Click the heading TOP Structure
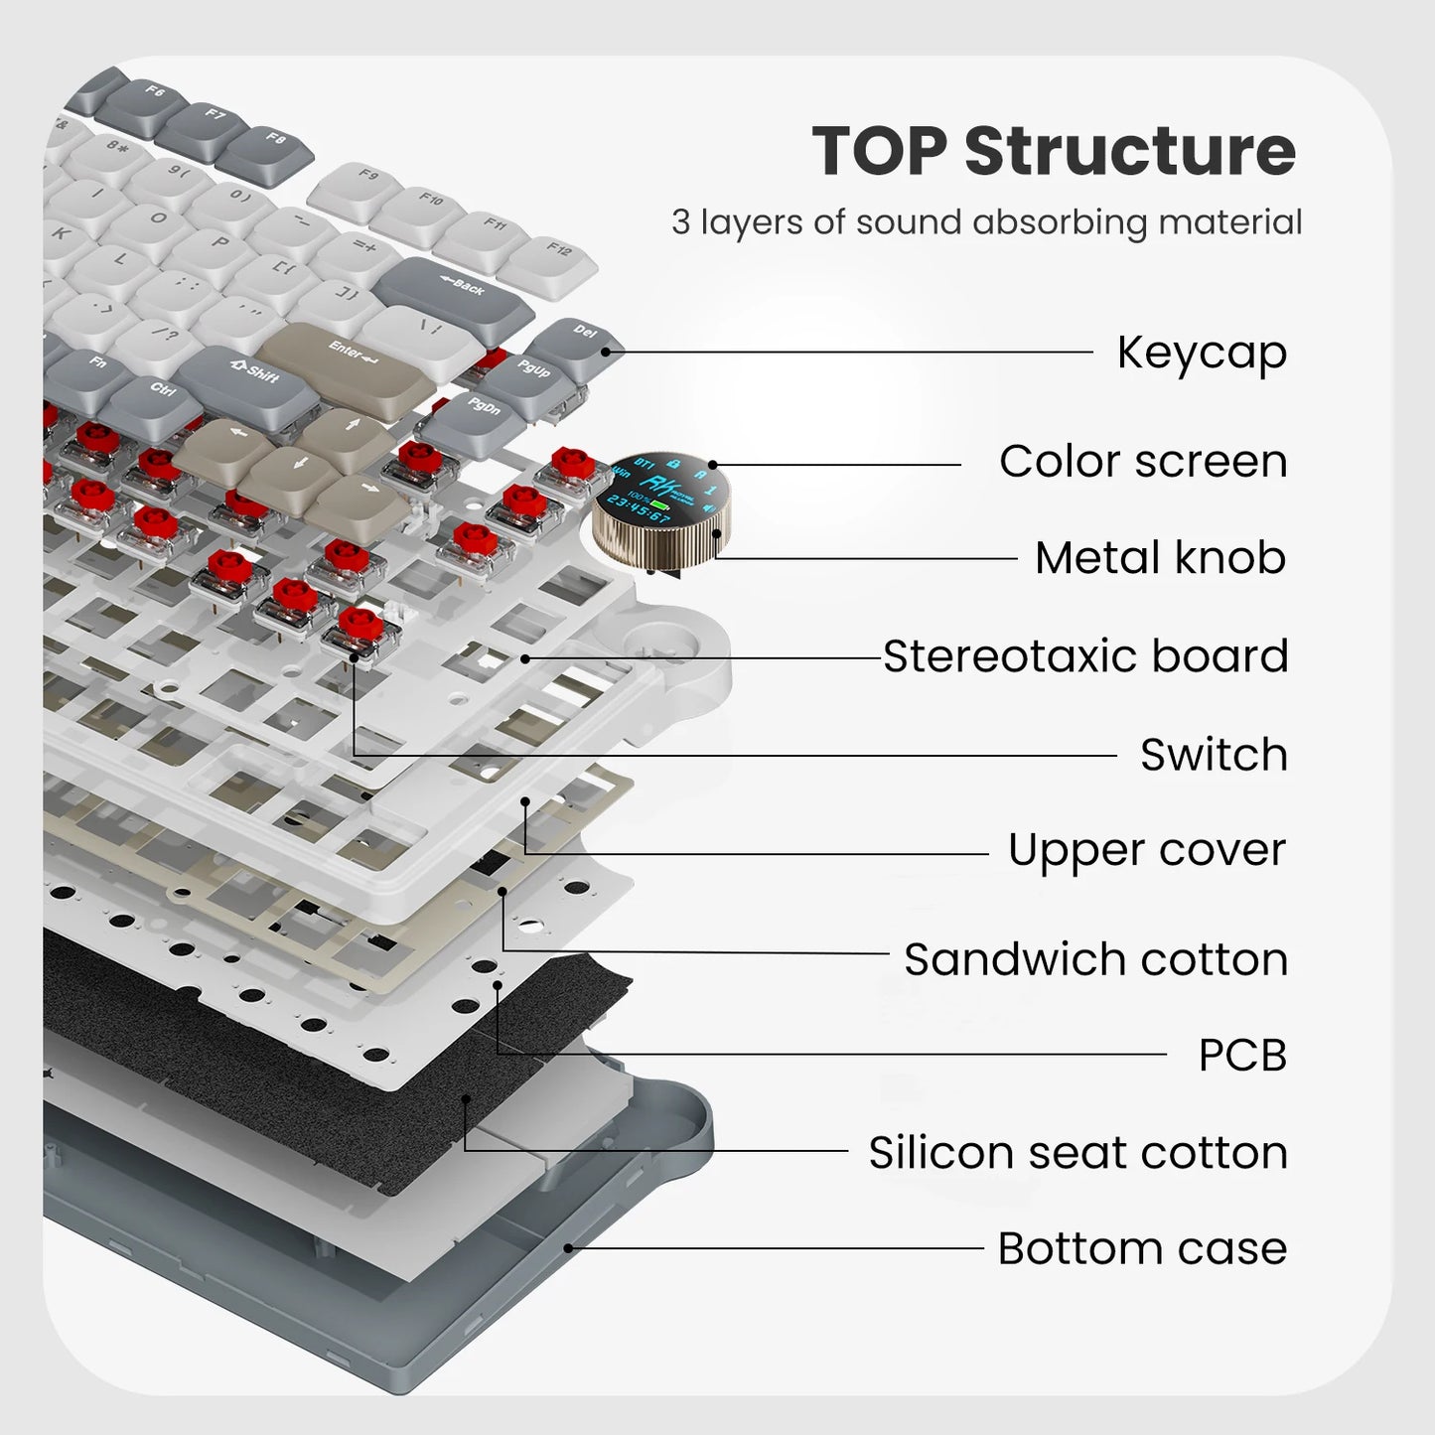[1054, 151]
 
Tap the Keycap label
[1202, 353]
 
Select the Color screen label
[1143, 462]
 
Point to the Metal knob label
[1160, 558]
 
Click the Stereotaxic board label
[1085, 656]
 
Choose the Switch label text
[1214, 755]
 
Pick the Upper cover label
[1147, 851]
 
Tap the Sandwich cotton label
[1095, 959]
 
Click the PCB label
[1242, 1055]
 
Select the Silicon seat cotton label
[1077, 1153]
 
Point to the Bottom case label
[1142, 1248]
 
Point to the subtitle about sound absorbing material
[986, 222]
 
